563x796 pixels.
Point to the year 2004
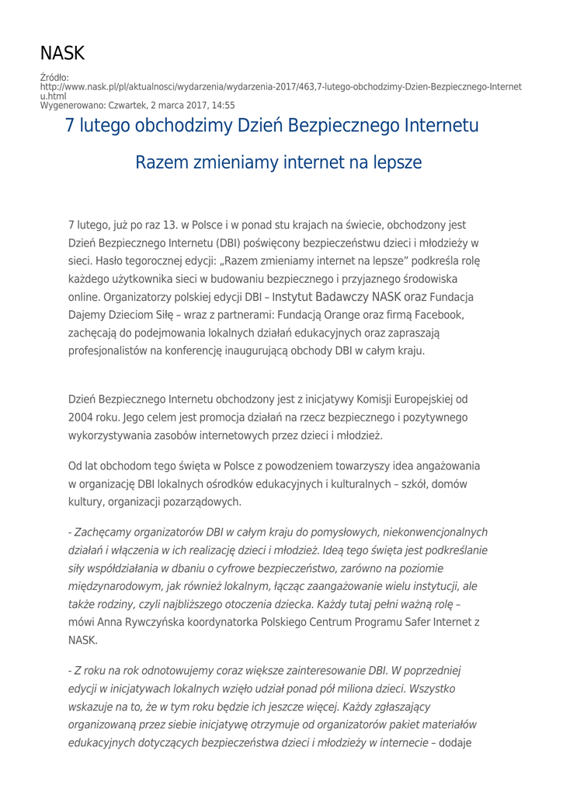click(x=84, y=417)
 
